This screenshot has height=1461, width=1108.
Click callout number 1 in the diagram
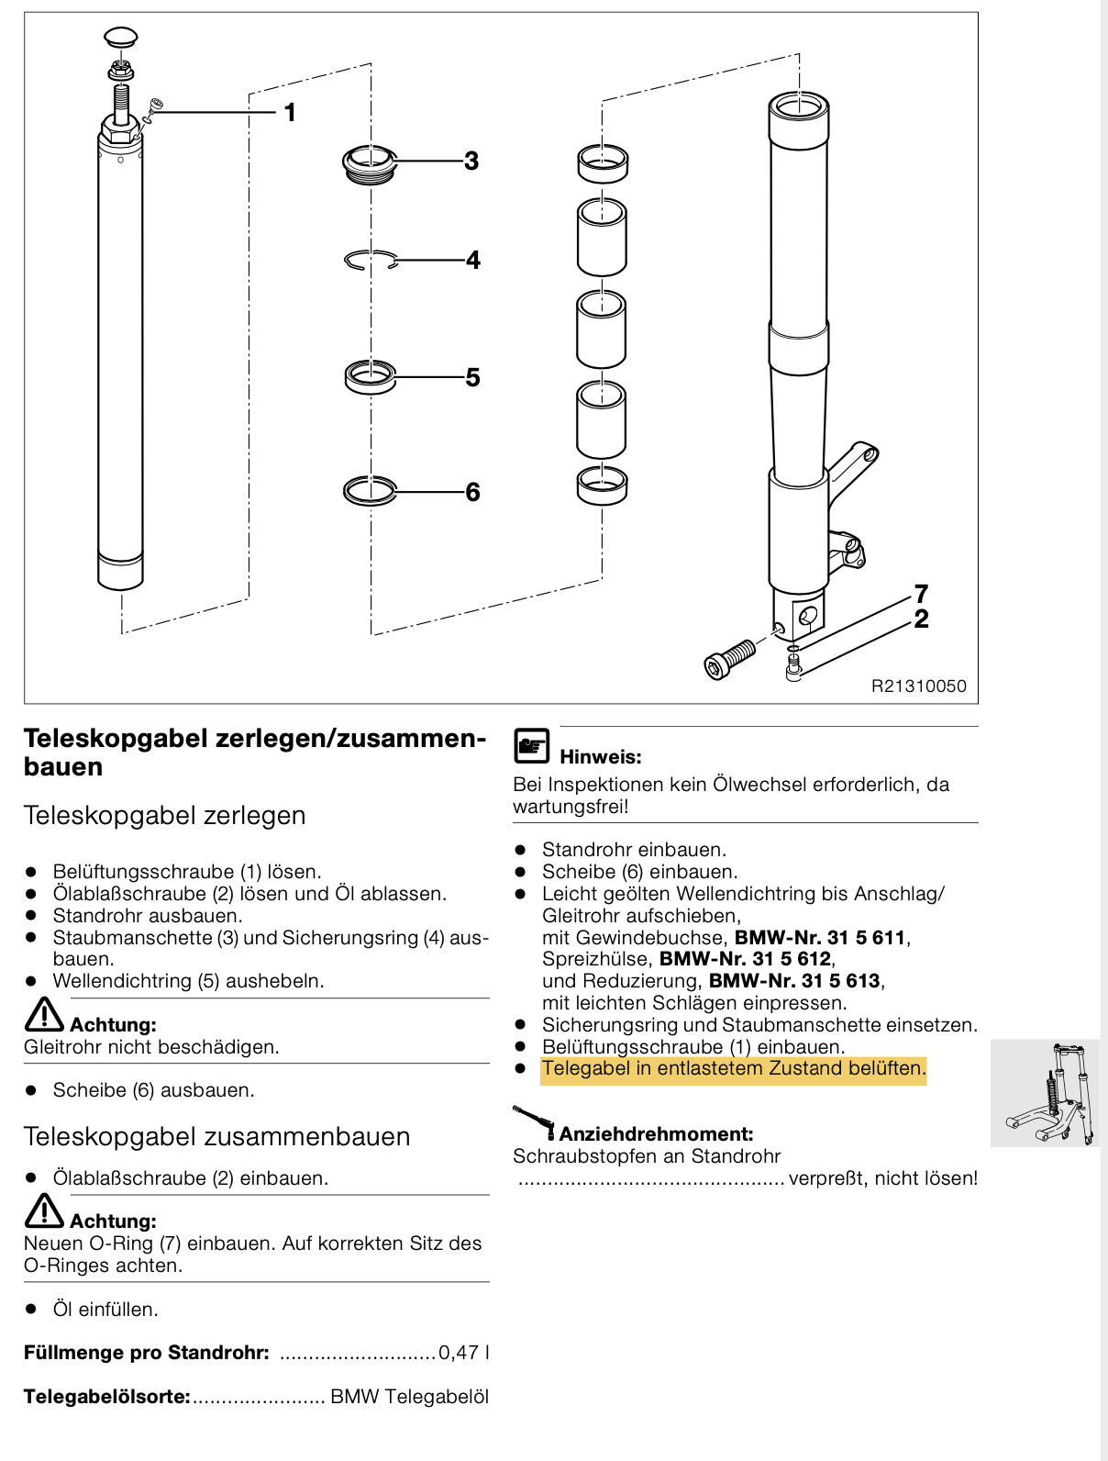[x=290, y=113]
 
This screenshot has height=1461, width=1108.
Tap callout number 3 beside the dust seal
[x=471, y=162]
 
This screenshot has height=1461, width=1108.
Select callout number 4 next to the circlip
[x=472, y=261]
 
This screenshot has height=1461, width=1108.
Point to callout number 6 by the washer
[x=472, y=493]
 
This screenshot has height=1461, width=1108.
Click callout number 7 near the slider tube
[x=921, y=594]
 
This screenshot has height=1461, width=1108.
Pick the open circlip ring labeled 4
[x=371, y=261]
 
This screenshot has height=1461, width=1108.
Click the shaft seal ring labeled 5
[x=371, y=376]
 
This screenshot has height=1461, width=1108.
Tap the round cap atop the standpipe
[x=120, y=39]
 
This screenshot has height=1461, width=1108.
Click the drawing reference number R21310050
[x=918, y=686]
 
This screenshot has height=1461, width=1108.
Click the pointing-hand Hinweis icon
[x=531, y=746]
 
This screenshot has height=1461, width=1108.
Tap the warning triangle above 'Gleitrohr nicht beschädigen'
[x=43, y=1015]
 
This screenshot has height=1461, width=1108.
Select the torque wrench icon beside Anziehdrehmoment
[x=534, y=1122]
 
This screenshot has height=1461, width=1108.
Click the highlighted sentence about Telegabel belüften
[x=734, y=1069]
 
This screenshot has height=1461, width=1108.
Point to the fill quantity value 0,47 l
[x=463, y=1353]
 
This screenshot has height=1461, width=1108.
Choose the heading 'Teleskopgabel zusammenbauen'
[x=216, y=1137]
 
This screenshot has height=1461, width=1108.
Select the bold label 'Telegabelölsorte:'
[x=106, y=1397]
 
